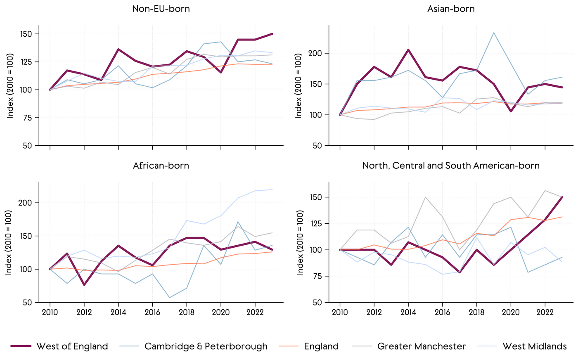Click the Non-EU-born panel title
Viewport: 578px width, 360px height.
tap(161, 9)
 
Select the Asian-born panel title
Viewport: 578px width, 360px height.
tap(451, 9)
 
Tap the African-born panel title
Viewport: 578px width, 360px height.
tap(161, 166)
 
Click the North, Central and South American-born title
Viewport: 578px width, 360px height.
tap(451, 166)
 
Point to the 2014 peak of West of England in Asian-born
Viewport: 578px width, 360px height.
tap(408, 50)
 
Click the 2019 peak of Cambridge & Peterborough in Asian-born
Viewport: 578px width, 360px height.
tap(494, 33)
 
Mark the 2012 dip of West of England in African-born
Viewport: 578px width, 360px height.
tap(84, 285)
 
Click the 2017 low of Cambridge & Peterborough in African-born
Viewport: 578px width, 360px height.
tap(169, 298)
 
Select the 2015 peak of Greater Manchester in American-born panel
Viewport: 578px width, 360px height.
tap(425, 197)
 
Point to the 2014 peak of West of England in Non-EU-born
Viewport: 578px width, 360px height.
tap(118, 49)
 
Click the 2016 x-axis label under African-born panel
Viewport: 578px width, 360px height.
tap(152, 313)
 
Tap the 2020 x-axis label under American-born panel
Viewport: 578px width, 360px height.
tap(511, 313)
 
